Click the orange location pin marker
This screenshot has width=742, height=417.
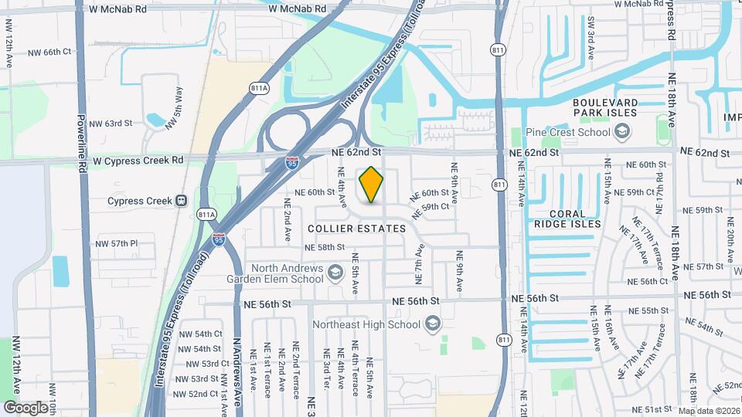tap(371, 185)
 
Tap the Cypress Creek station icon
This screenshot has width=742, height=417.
tap(181, 201)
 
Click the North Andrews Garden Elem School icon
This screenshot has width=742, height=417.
tap(335, 272)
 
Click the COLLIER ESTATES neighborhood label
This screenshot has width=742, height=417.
tap(356, 229)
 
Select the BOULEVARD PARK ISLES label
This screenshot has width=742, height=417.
tap(605, 107)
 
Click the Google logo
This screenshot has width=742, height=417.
tap(26, 407)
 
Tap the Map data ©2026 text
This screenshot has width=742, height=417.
tap(708, 411)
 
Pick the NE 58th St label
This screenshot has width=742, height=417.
tap(324, 247)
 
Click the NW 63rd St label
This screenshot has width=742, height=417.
tap(111, 124)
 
